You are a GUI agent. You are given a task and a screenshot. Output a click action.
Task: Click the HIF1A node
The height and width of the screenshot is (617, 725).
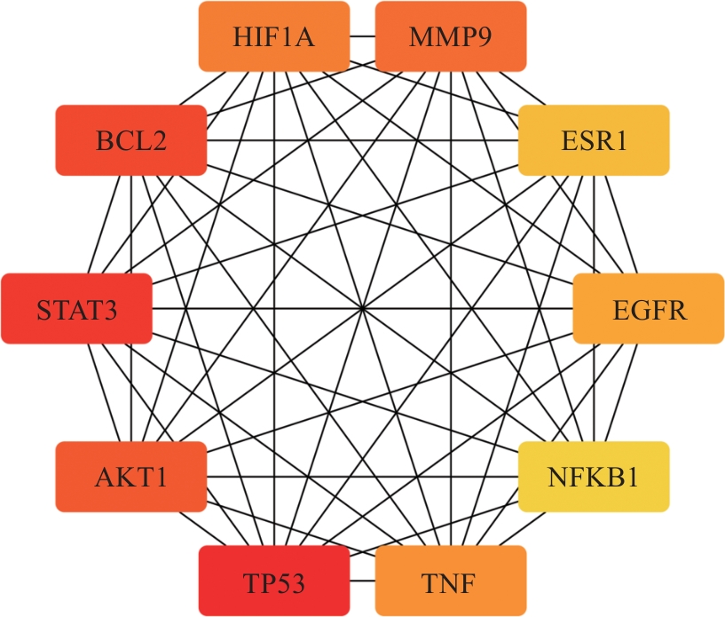(x=273, y=36)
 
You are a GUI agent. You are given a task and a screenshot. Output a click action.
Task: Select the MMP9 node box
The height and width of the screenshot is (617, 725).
(x=451, y=36)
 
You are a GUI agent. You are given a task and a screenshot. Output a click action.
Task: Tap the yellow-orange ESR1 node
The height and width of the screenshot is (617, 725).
(x=593, y=139)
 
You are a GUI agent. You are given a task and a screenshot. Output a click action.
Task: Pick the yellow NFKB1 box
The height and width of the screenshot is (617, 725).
(x=593, y=478)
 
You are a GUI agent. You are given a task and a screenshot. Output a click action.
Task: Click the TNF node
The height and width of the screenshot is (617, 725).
(x=451, y=582)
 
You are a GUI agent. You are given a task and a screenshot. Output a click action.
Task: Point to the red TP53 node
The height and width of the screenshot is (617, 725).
(x=273, y=582)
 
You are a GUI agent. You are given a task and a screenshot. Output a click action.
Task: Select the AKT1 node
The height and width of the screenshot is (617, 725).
(x=130, y=478)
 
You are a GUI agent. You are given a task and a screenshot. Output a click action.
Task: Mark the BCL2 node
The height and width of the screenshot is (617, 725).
(x=130, y=139)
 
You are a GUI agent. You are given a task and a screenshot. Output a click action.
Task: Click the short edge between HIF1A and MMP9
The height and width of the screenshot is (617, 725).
(x=362, y=36)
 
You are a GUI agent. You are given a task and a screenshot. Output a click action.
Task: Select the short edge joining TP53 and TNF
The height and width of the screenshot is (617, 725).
(x=362, y=582)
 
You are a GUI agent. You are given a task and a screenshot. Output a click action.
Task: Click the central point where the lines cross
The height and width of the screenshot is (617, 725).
(x=362, y=309)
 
